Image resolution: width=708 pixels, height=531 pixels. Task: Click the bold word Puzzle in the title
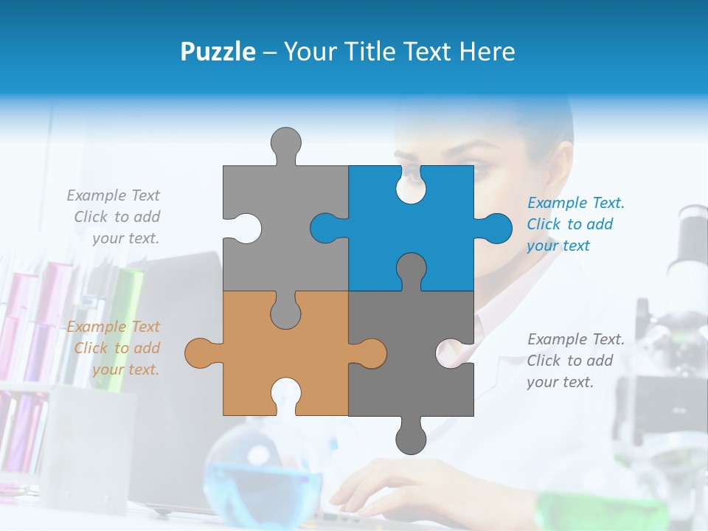coord(218,52)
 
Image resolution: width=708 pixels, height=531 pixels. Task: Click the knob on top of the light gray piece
coord(285,142)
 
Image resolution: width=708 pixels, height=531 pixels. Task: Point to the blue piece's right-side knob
coord(496,228)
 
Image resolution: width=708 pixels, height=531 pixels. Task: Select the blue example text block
coord(575,224)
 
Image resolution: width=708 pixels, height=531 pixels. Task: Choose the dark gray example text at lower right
coord(575,361)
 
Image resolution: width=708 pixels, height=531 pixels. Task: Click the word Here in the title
coord(487,52)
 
